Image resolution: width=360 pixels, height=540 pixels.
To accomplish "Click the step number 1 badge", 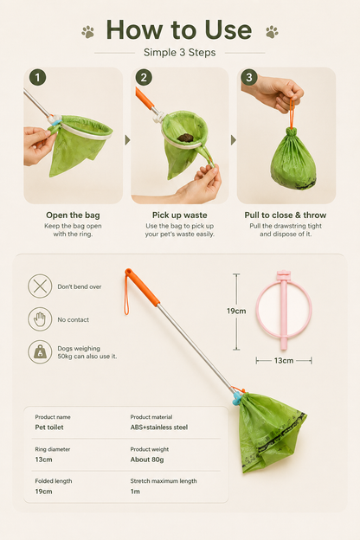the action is tap(38, 78).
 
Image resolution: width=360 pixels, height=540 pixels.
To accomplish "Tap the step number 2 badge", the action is tap(144, 78).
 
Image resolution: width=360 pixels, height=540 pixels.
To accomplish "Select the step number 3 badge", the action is tap(249, 78).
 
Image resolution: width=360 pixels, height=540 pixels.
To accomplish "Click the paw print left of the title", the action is tap(88, 32).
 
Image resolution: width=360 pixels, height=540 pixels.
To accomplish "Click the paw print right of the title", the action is tap(272, 32).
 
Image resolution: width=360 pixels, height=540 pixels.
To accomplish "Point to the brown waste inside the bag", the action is tap(186, 138).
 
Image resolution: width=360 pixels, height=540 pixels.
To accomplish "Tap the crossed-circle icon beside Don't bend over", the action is tap(41, 286).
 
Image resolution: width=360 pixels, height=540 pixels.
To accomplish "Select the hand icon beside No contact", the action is tap(41, 319).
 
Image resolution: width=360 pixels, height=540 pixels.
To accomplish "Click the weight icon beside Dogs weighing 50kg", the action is tap(41, 352).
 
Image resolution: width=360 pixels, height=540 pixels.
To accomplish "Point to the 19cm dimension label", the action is tap(236, 311).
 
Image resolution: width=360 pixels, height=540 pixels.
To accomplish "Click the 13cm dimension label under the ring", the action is tap(284, 361).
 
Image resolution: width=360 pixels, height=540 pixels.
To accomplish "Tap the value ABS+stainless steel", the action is tap(159, 427).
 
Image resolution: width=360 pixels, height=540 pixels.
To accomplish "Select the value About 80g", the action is tap(147, 460).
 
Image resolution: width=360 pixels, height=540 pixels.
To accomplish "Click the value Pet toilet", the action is tap(49, 427).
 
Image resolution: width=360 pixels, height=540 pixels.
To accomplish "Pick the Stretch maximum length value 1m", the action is tap(135, 492).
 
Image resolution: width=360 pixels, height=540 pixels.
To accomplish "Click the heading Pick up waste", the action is tap(180, 215).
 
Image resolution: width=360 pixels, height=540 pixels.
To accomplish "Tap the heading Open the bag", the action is tap(73, 215).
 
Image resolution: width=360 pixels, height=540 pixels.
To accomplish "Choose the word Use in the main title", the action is tap(228, 30).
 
